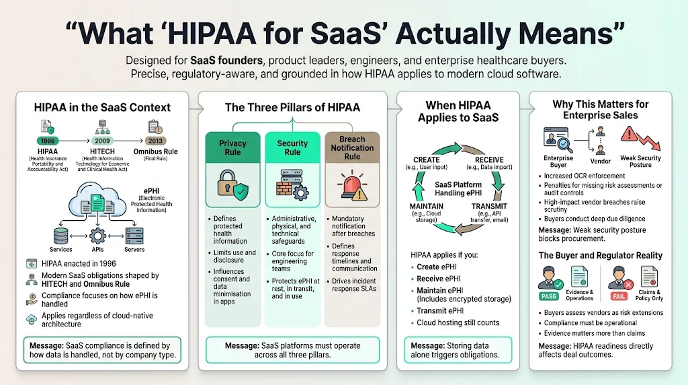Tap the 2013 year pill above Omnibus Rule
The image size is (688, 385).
156,140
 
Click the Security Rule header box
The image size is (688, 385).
292,147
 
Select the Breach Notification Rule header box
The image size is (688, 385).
352,147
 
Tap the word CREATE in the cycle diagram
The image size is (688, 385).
427,160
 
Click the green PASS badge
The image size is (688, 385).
548,295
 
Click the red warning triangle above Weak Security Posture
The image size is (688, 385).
630,134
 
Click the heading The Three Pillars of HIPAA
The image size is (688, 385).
292,107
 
